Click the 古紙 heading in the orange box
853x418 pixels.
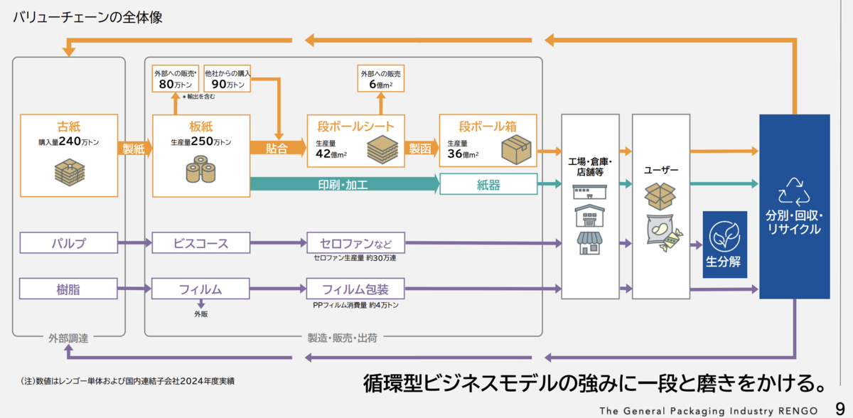coord(69,127)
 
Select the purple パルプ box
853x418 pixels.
coord(69,243)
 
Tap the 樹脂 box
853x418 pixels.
coord(68,289)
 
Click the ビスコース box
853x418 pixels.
coord(201,243)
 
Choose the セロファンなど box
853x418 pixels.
coord(355,243)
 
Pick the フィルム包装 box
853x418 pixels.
coord(355,289)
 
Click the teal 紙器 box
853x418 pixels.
coord(488,184)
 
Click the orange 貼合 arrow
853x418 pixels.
coord(278,148)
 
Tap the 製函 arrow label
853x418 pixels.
coord(420,149)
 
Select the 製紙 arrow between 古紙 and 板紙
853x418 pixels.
coord(134,149)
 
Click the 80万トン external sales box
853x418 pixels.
coord(175,79)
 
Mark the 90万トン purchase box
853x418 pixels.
coord(227,79)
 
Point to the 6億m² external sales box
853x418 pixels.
coord(381,79)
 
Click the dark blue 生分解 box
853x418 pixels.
coord(724,245)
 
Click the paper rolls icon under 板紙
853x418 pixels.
coord(200,169)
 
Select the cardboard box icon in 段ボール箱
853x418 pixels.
coord(516,149)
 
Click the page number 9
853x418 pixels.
coord(840,409)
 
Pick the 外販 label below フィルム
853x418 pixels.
coord(201,314)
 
